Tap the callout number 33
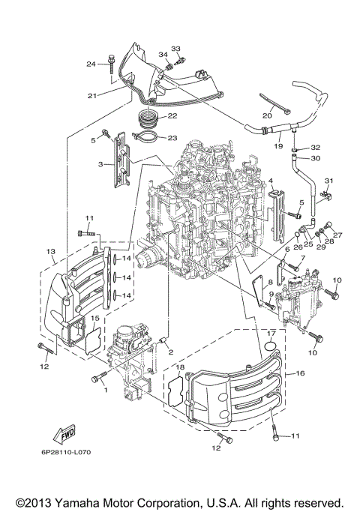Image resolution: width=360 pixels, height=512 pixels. [175, 49]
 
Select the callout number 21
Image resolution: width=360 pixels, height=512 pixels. [92, 96]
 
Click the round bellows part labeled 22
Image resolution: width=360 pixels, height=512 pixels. [148, 118]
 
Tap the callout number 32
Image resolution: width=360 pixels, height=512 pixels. [316, 148]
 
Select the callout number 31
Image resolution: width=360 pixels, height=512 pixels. [328, 181]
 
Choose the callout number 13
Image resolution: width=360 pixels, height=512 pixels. [50, 250]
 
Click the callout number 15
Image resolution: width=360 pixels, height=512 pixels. [95, 319]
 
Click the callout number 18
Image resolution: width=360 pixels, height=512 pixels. [180, 367]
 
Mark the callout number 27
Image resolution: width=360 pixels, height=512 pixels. [337, 235]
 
